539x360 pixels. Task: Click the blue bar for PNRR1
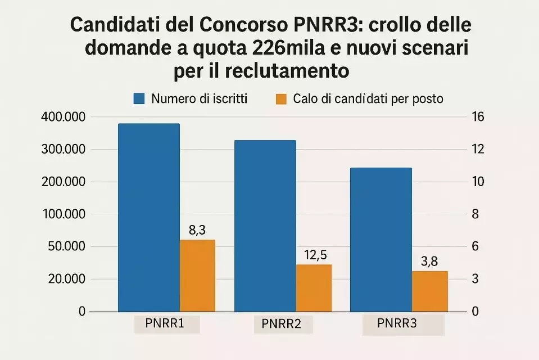(x=148, y=217)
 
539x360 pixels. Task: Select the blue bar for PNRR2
(x=265, y=226)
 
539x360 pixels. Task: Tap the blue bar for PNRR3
(x=381, y=239)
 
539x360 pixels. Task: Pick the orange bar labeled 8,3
(x=197, y=276)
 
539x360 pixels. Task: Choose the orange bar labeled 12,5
(x=314, y=288)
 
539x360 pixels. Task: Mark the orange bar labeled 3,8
(x=429, y=291)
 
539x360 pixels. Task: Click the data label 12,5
(x=315, y=255)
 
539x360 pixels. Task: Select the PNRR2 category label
(x=282, y=325)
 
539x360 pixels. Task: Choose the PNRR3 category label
(x=397, y=324)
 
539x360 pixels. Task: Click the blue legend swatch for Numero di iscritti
(x=139, y=99)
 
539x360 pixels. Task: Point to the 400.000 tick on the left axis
(x=63, y=117)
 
